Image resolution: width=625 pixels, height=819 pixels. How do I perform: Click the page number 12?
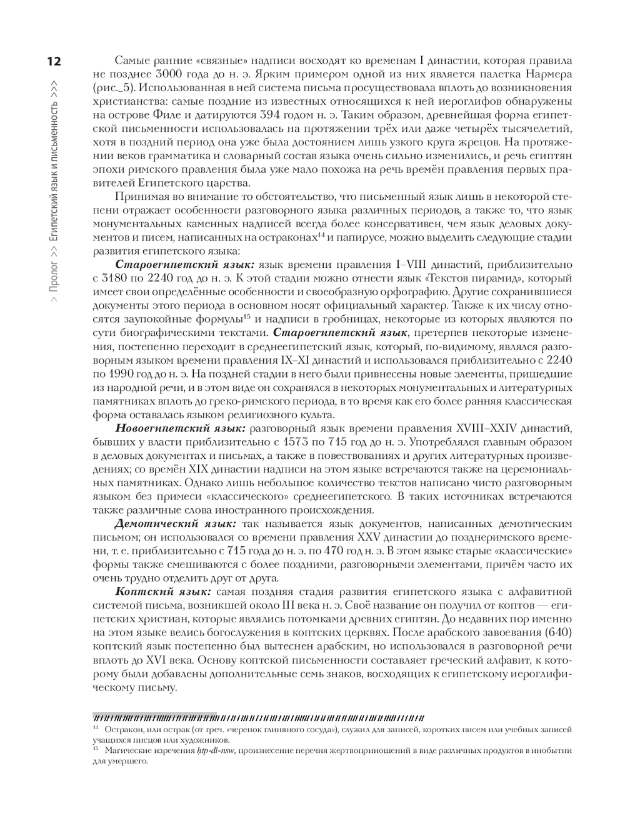(51, 61)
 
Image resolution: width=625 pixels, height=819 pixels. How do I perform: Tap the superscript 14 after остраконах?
(321, 235)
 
